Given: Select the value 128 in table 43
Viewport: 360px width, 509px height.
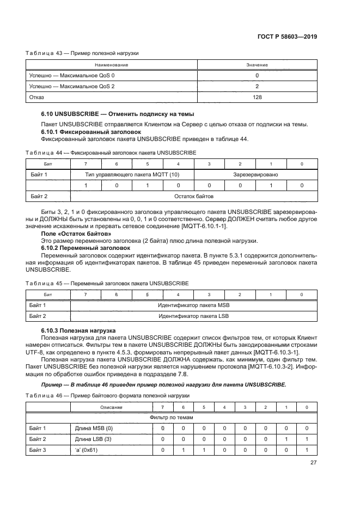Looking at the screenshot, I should (257, 97).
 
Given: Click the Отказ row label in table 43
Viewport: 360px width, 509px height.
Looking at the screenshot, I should (36, 97).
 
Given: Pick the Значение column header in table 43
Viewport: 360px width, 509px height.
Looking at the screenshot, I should (257, 65).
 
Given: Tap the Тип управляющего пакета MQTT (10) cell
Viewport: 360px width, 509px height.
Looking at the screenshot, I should (132, 174).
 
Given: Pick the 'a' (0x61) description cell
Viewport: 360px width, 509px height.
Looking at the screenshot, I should (85, 449).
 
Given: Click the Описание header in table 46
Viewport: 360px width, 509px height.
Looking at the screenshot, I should (111, 407).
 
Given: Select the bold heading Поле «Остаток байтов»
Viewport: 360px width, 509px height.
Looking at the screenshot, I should (72, 233).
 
